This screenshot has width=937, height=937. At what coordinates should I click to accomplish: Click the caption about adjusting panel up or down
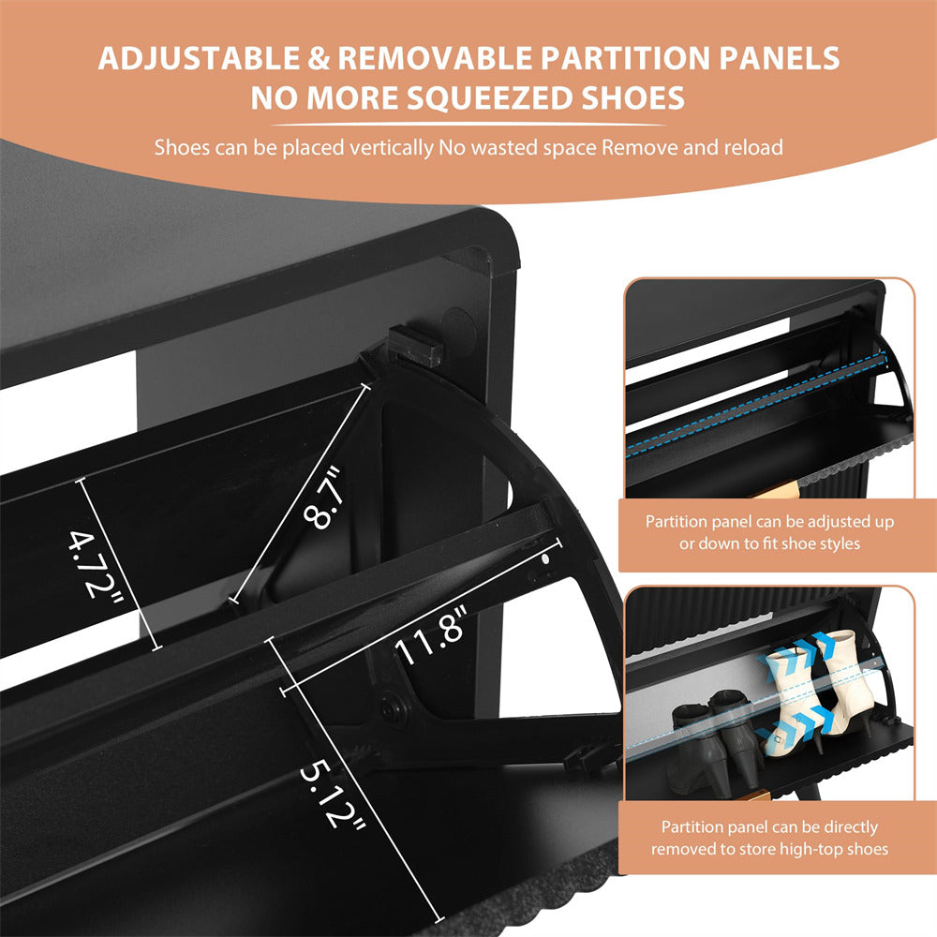tap(769, 531)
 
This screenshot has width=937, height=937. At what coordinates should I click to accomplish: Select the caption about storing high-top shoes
tap(769, 839)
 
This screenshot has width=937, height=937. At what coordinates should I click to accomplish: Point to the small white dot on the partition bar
tap(545, 558)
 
